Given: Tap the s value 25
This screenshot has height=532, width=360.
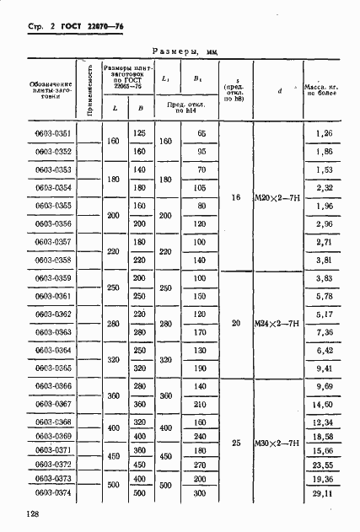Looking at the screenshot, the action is pyautogui.click(x=237, y=442).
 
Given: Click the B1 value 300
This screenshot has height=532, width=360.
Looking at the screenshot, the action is pyautogui.click(x=200, y=493).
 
